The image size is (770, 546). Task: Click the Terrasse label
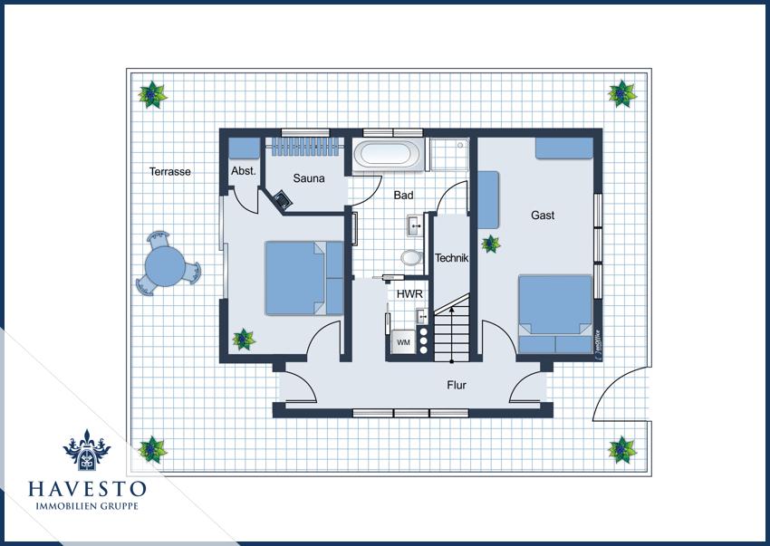(170, 172)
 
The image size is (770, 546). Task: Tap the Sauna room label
(309, 178)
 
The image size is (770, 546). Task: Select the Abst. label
(244, 171)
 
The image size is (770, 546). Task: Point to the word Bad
(403, 195)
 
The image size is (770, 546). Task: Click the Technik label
(451, 258)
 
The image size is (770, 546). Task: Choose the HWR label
(409, 294)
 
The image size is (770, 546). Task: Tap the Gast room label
(543, 216)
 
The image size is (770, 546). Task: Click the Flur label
(457, 386)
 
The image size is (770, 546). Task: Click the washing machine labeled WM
(404, 342)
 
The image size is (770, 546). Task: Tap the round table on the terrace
(166, 266)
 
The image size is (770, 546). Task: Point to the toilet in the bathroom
(411, 257)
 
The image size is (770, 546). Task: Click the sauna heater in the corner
(283, 199)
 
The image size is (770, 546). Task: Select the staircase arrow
(452, 334)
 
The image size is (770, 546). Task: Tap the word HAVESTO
(87, 489)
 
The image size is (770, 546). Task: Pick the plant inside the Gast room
(491, 244)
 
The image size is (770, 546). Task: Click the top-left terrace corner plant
(153, 95)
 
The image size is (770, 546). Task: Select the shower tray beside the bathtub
(448, 154)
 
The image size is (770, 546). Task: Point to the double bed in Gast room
(555, 314)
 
